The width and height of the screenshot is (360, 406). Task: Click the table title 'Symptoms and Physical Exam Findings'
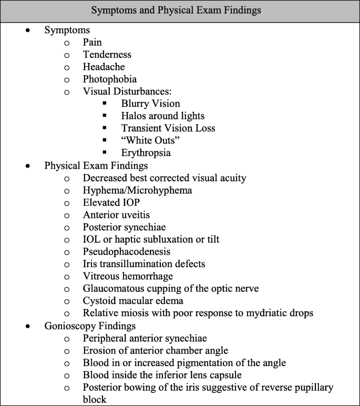coord(180,11)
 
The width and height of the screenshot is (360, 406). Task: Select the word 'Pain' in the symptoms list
coord(92,43)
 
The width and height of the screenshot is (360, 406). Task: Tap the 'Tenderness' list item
coord(107,55)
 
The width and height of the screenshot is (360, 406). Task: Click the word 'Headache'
coord(102,67)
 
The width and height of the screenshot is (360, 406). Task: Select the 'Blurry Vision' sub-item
coord(150,104)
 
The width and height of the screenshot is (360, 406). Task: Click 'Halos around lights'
coord(162,116)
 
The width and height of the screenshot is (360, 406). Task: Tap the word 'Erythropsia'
coord(146,153)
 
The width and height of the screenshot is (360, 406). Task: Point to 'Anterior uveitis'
coord(115,215)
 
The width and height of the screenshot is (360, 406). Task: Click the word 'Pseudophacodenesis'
coord(125,251)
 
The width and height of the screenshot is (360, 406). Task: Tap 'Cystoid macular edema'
coord(132,300)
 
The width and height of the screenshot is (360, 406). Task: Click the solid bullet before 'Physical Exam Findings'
coord(28,166)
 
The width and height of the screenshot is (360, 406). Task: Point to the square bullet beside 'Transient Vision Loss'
coord(106,128)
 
